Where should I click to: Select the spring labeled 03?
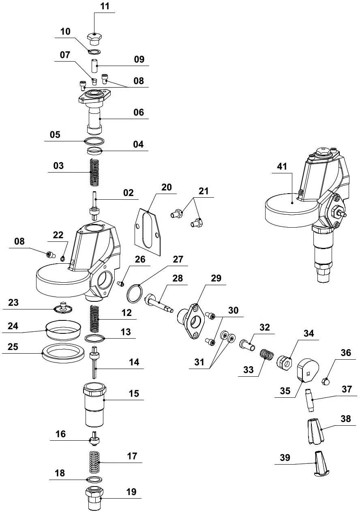pyautogui.click(x=94, y=171)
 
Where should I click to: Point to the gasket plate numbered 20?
pyautogui.click(x=148, y=230)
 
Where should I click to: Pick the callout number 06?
pyautogui.click(x=139, y=112)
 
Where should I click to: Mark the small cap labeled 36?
pyautogui.click(x=326, y=381)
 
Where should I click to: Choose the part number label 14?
pyautogui.click(x=134, y=362)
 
